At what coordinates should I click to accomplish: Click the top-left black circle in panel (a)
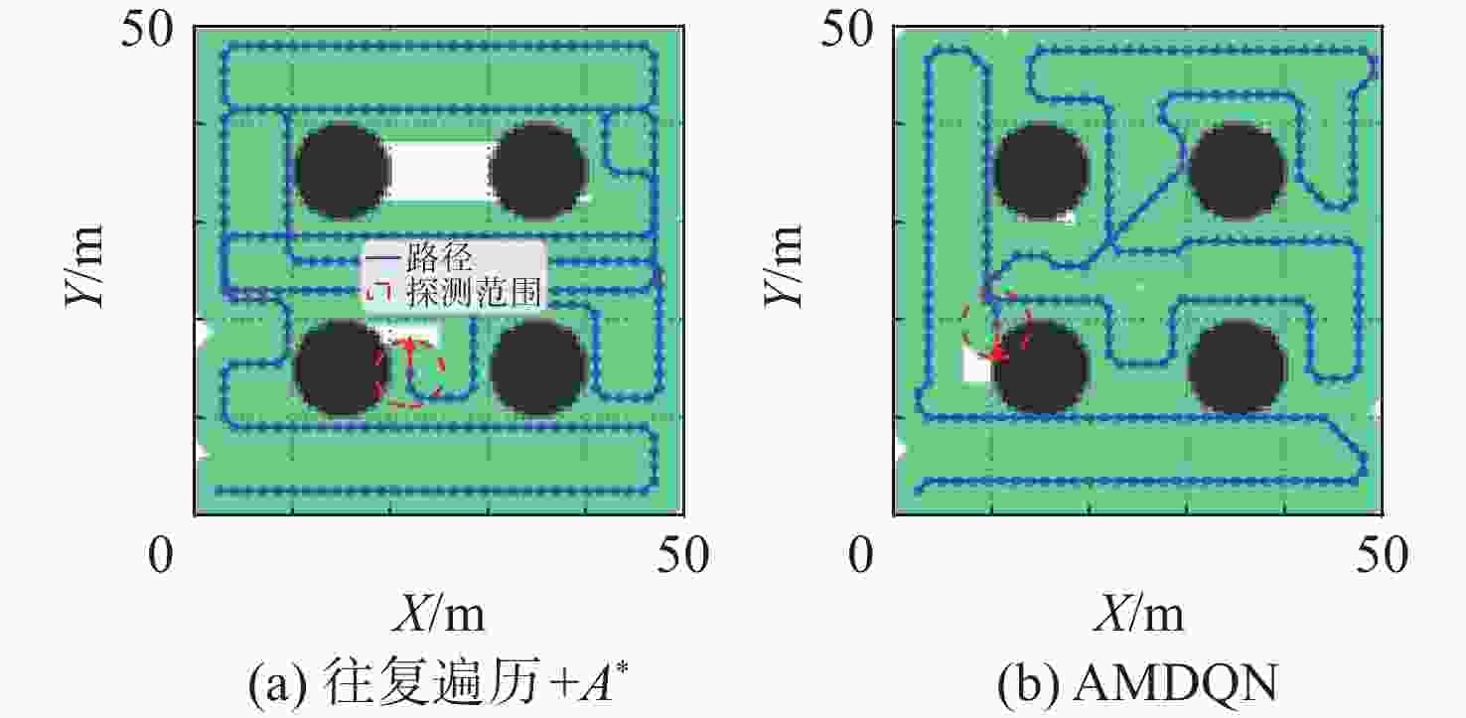343,171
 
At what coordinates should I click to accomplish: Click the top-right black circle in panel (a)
538,171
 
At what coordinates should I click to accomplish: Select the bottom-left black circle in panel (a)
343,367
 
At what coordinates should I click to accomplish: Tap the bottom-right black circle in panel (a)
538,367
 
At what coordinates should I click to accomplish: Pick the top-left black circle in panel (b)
1041,171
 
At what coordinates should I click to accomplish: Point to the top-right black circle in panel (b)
1237,171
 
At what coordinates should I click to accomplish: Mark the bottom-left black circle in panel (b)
1041,367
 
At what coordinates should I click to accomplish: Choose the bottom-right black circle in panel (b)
1237,367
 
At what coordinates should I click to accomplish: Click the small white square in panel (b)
977,364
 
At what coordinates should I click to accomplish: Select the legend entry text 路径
438,258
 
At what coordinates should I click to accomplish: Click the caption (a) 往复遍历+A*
438,682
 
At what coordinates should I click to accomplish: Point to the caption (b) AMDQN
1137,683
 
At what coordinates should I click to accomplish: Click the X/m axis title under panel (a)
438,613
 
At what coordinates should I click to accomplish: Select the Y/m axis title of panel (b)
783,266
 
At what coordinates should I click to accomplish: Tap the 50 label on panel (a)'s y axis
148,29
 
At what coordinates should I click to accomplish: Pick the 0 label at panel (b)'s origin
860,555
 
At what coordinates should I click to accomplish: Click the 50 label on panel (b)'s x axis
1382,555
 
